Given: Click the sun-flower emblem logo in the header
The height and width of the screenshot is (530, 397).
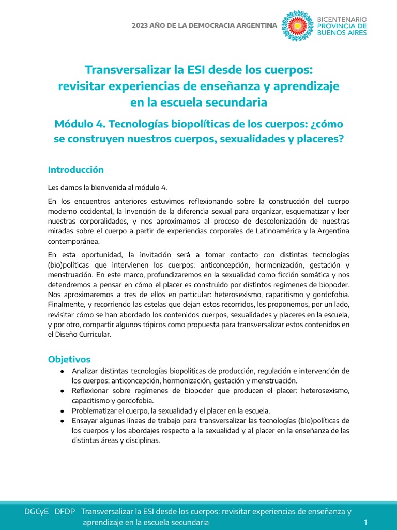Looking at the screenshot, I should tap(297, 25).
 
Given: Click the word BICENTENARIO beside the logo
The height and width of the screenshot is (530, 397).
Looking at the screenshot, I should tap(342, 18).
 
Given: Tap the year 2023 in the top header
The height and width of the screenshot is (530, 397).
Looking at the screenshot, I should tap(141, 25).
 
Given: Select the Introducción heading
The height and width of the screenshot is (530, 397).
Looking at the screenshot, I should tap(76, 170).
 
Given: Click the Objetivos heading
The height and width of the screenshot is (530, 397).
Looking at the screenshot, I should tap(69, 359).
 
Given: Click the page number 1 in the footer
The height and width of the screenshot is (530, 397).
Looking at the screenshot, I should tap(365, 522).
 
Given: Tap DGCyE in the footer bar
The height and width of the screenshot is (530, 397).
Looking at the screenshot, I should tap(36, 511).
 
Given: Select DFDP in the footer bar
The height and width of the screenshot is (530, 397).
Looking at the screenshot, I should tap(65, 511).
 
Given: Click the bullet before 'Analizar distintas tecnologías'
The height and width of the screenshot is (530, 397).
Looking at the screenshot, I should tap(62, 371).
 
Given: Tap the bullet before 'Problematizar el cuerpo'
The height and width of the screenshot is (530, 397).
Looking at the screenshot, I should tap(62, 410).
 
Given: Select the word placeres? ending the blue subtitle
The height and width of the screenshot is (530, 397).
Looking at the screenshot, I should tap(320, 139).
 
